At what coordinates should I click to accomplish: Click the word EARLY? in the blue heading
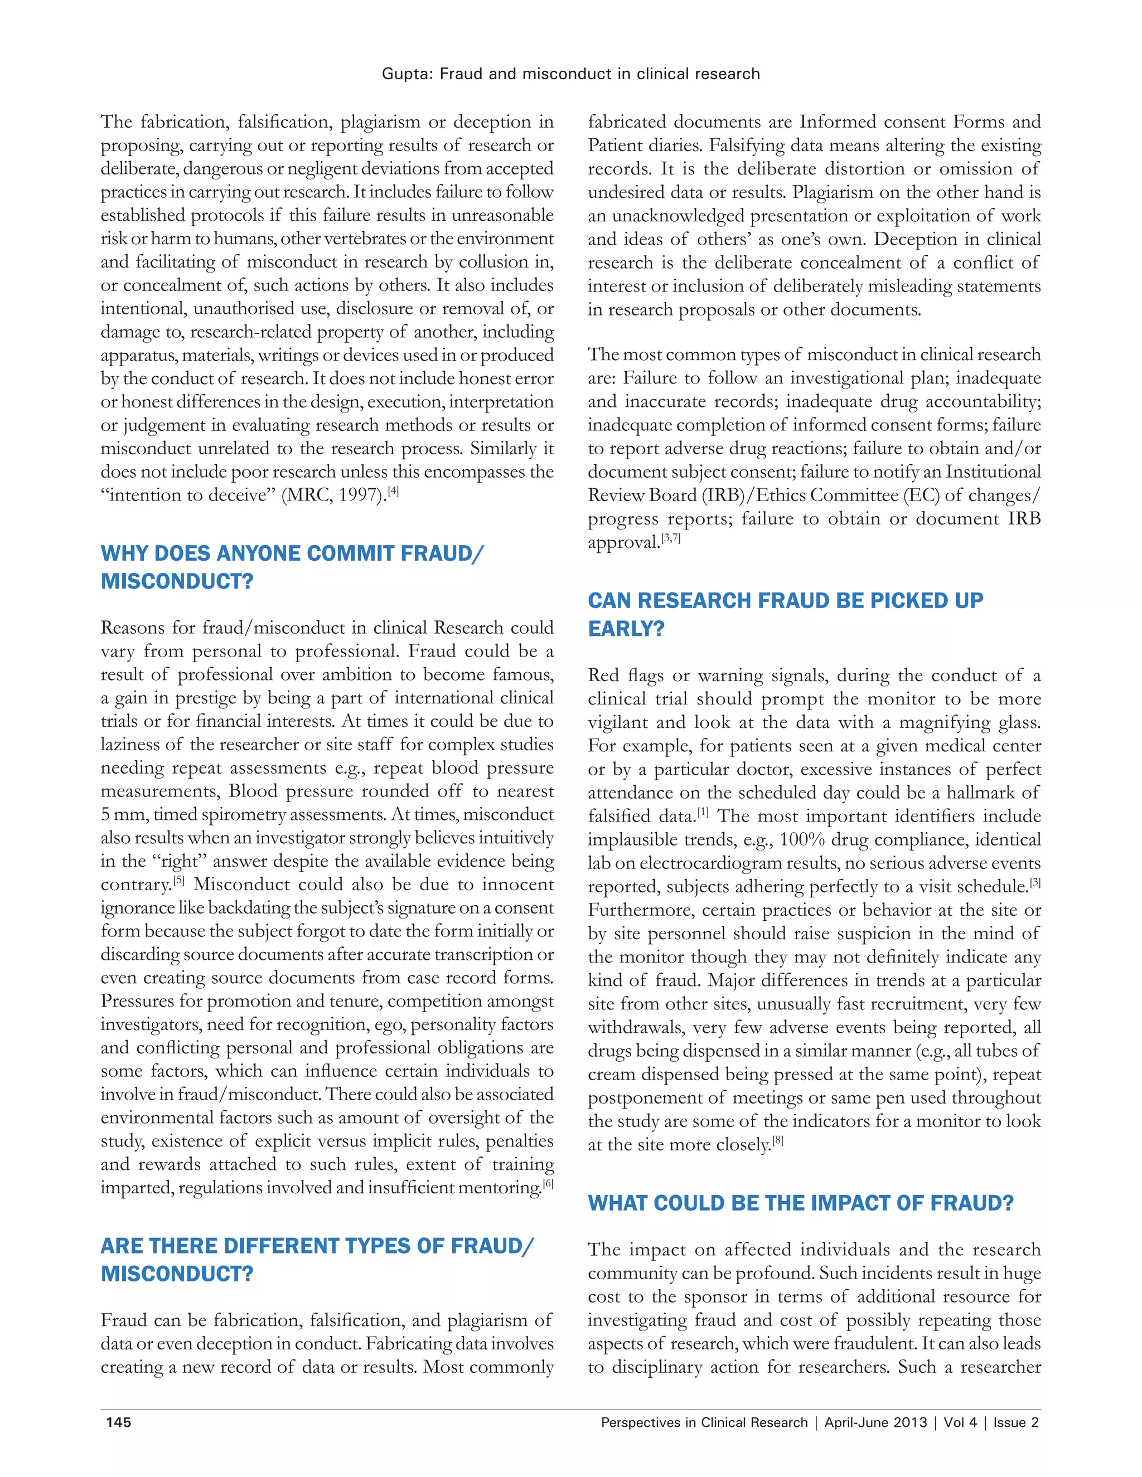click(626, 629)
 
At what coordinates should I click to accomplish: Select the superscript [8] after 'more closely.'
click(777, 1141)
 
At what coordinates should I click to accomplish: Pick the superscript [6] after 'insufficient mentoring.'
click(548, 1183)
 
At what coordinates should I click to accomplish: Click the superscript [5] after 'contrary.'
click(178, 881)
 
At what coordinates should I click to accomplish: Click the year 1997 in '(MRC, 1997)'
click(360, 495)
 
